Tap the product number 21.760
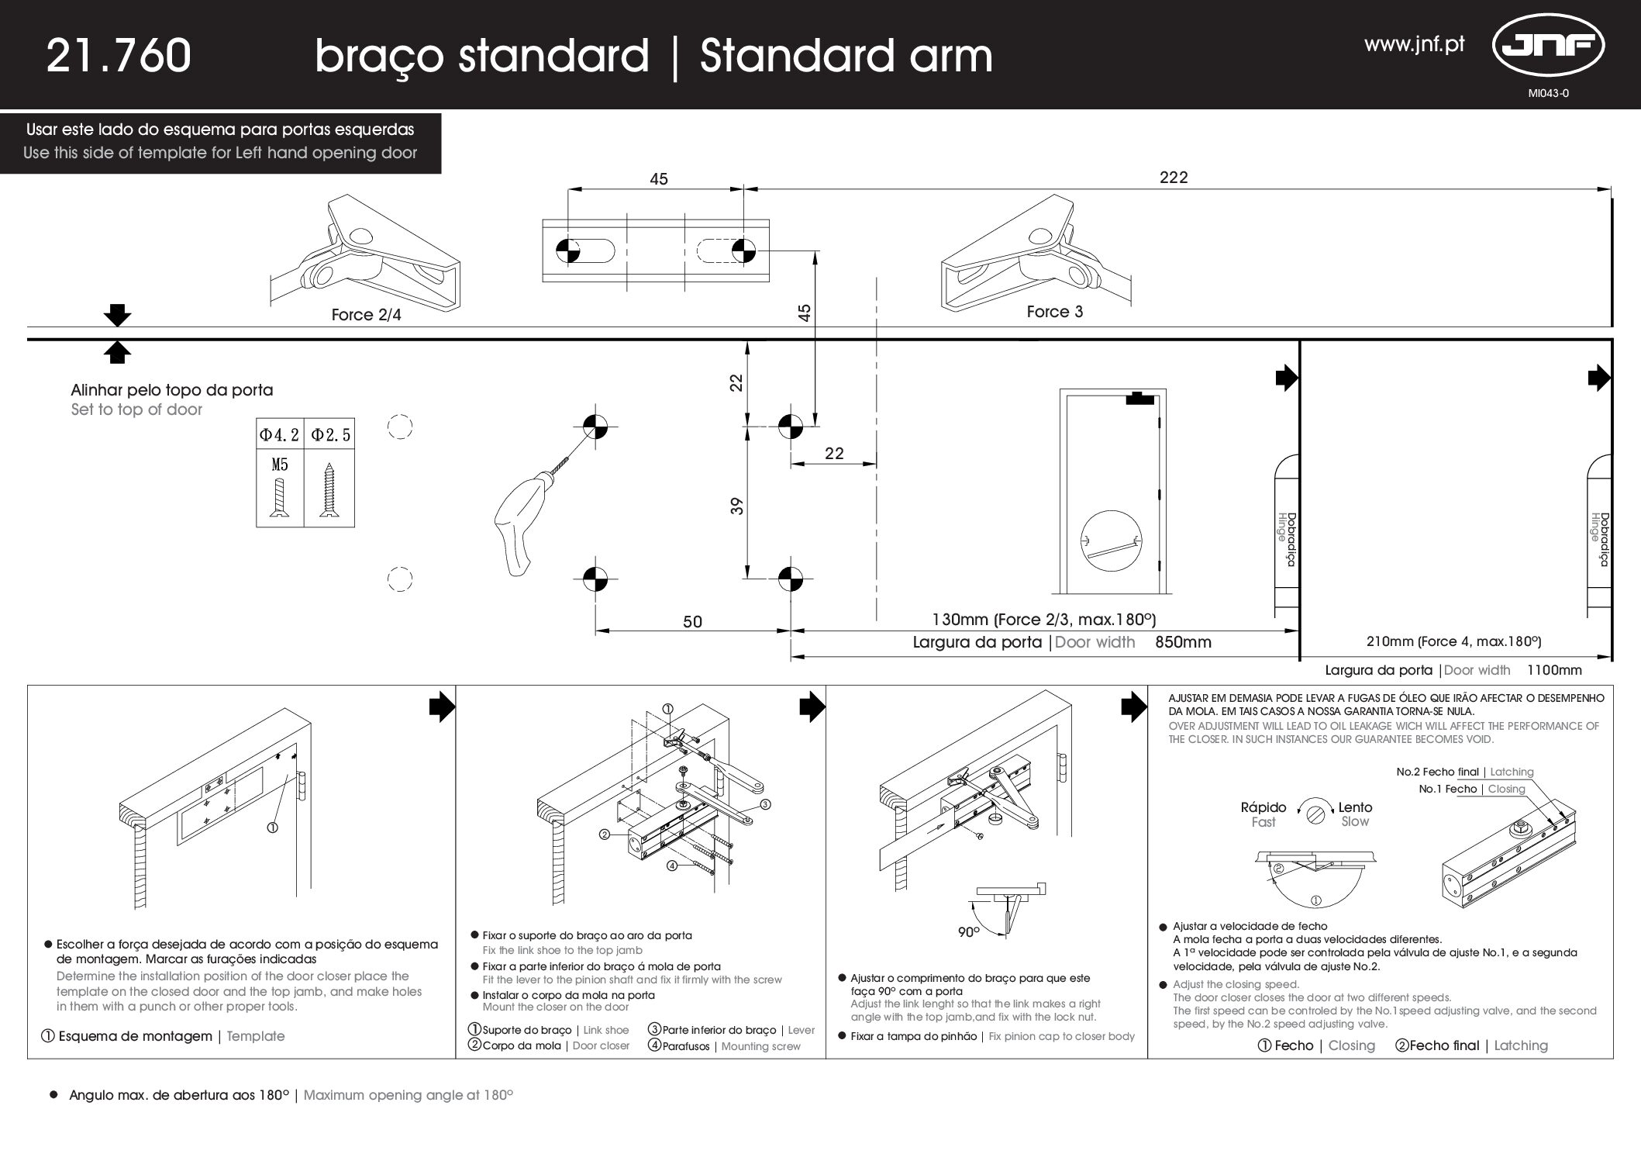point(119,56)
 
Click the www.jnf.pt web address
point(1415,44)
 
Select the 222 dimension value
point(1174,177)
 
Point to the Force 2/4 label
point(367,315)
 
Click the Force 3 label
point(1055,312)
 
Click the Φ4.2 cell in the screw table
point(279,435)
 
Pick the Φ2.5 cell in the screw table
point(331,435)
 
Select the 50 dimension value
point(692,621)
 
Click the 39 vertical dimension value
point(737,506)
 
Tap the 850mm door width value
point(1183,642)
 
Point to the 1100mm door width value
point(1554,670)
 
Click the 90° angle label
point(969,932)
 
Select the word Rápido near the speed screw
point(1264,807)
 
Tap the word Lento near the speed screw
point(1355,807)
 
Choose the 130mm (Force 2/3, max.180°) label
point(1043,620)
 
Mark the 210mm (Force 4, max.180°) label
point(1453,641)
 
